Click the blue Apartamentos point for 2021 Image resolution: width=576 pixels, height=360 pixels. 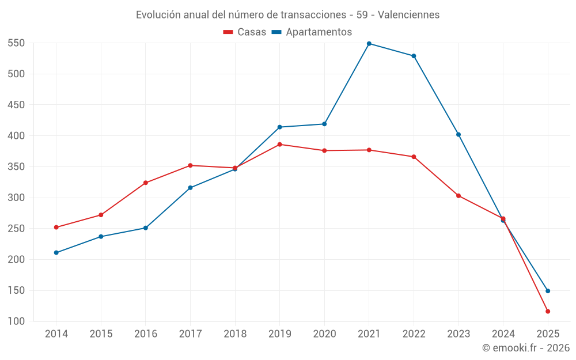[x=369, y=44]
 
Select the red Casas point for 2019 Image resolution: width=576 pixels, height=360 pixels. [x=280, y=145]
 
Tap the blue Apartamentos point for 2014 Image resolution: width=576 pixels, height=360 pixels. [x=56, y=253]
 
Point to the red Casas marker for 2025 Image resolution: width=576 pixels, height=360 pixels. [x=548, y=312]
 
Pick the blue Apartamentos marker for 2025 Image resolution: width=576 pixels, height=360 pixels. [x=548, y=291]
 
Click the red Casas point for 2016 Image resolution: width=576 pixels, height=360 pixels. [x=146, y=183]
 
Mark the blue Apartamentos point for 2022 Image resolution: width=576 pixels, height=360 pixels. [x=414, y=56]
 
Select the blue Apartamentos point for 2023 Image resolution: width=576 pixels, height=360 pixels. [x=458, y=135]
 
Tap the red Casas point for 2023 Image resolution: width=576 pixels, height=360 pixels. [x=458, y=196]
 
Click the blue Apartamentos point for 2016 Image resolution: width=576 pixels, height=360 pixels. [x=146, y=228]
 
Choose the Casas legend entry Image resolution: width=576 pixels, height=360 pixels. [x=245, y=32]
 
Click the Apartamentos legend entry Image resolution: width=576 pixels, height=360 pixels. [x=312, y=32]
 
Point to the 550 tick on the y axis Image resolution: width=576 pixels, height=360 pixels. [x=16, y=43]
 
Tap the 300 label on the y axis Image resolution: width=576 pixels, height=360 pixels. [x=16, y=198]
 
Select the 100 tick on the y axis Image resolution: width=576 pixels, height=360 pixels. [x=16, y=321]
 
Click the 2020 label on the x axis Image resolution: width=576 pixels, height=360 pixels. [x=324, y=334]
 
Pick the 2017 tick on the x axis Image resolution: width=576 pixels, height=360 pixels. [x=190, y=334]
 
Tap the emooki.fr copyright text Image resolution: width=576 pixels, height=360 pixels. [x=525, y=348]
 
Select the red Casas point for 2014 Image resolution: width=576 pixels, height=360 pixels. [x=56, y=228]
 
